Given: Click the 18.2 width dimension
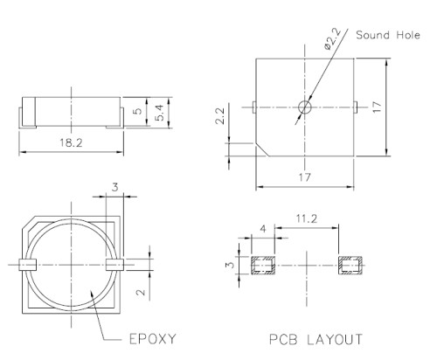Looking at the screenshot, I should [70, 142].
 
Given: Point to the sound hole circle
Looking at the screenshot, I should [304, 107].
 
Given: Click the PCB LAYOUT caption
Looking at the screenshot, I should [304, 337].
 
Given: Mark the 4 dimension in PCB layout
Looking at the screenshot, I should [262, 229].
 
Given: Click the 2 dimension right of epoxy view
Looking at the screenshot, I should [142, 293].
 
